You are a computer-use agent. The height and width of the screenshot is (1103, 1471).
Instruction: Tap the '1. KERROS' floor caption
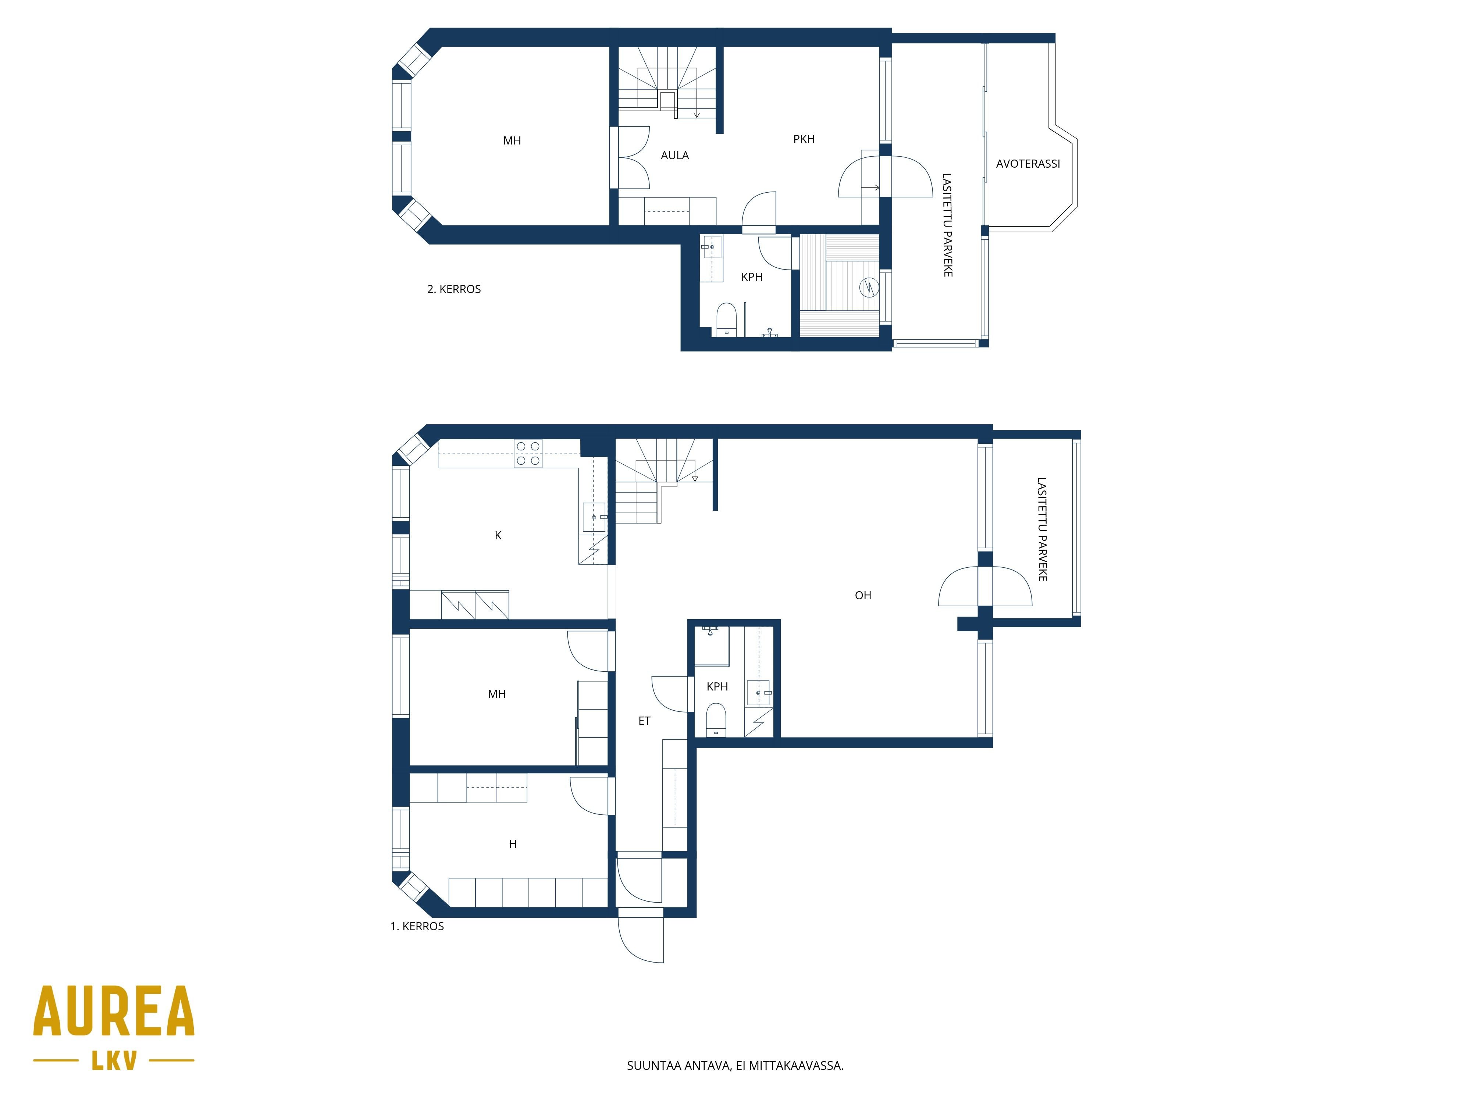[417, 926]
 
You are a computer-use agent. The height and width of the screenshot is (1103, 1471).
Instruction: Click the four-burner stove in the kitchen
[528, 453]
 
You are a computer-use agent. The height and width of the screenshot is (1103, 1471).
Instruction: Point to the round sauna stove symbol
[869, 287]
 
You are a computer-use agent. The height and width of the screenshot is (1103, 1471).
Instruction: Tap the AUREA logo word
[114, 1012]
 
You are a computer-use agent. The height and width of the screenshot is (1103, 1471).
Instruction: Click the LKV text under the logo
[114, 1060]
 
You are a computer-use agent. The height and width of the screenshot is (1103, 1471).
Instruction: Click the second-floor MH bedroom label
[512, 141]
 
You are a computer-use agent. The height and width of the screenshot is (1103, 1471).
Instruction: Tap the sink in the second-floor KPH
[712, 247]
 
